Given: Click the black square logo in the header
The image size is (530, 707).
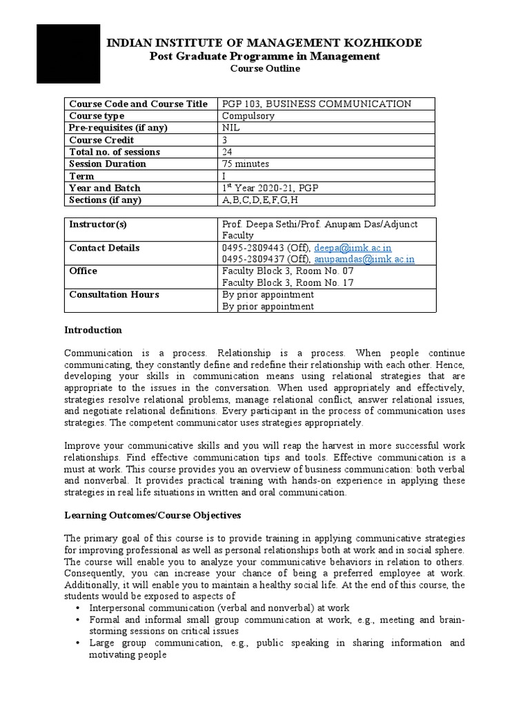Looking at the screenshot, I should pos(67,54).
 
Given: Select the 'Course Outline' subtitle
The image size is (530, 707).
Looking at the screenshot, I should pos(265,68).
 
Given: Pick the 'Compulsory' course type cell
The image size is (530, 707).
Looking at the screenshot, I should pos(248,116).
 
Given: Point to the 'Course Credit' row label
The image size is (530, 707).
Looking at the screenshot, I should pos(102,140).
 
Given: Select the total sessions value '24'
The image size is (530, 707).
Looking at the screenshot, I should pos(227,152).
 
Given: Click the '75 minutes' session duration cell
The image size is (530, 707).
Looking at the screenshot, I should pos(246,164).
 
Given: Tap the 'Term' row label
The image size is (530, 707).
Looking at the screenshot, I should pos(81,176).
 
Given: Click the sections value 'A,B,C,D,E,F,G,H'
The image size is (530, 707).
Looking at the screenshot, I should pos(261,200).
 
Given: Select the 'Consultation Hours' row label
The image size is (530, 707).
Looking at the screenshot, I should pos(114,295).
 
